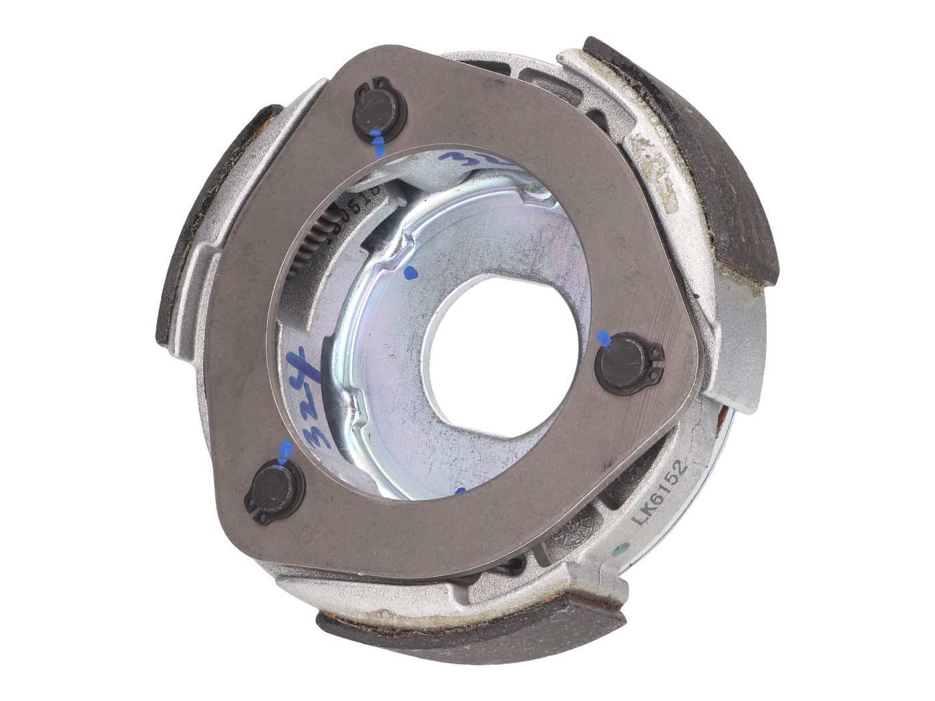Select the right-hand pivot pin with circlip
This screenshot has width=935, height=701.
pyautogui.click(x=624, y=364)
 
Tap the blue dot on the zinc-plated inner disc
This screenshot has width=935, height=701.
pyautogui.click(x=410, y=272)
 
